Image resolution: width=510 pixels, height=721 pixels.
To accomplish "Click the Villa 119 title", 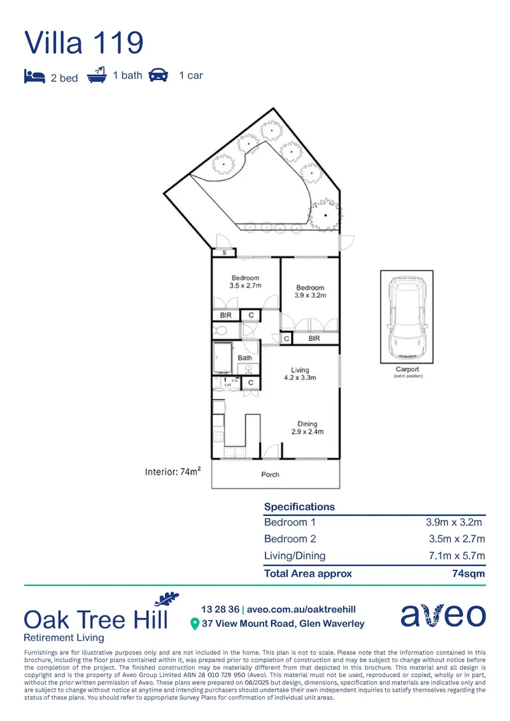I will [x=84, y=43].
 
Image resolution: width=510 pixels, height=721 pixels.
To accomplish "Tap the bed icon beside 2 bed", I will [x=35, y=76].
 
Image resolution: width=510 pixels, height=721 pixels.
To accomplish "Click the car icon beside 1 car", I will [x=158, y=75].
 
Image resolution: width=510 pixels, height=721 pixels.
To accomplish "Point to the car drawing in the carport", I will [x=407, y=319].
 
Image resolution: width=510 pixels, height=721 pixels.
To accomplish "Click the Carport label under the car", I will [x=407, y=369].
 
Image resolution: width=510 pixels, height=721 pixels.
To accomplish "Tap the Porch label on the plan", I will [x=270, y=475].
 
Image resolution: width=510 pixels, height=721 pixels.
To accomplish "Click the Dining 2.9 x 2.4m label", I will [x=307, y=428].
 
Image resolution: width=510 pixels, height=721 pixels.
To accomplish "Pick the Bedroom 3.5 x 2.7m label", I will [x=246, y=282].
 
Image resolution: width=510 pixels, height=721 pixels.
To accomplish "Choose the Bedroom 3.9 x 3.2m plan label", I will [x=310, y=292].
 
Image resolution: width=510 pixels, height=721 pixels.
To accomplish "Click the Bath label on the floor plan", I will [x=245, y=358].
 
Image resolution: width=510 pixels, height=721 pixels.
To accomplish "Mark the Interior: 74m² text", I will [x=174, y=472].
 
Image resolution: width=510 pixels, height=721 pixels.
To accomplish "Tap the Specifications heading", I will [x=299, y=507].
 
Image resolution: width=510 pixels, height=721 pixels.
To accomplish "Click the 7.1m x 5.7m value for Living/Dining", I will [x=457, y=555].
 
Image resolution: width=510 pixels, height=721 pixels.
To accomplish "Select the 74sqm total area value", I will [x=469, y=573].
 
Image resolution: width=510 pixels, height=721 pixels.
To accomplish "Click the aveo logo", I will [x=443, y=615].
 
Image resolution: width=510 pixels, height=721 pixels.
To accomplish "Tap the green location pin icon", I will [x=195, y=624].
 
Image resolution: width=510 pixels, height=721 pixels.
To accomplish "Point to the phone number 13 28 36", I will [x=220, y=610].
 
